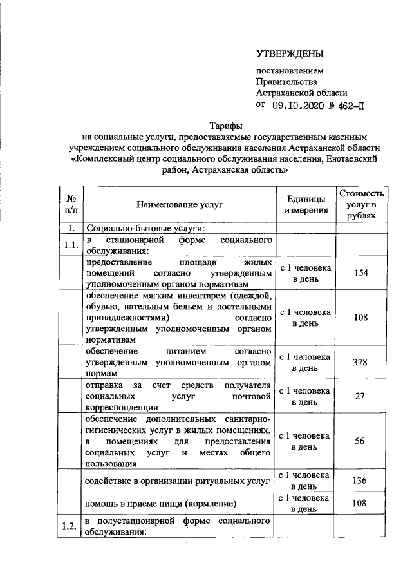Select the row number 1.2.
pos(70,526)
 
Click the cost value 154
pos(361,273)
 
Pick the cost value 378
pos(361,362)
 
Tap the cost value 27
pos(361,396)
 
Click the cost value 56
pos(361,441)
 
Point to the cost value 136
pos(361,480)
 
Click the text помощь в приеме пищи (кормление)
pos(158,503)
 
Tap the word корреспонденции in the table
pos(122,407)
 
